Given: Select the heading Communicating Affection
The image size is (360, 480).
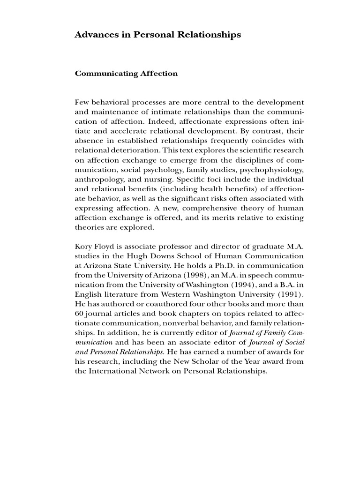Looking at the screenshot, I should click(126, 74).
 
